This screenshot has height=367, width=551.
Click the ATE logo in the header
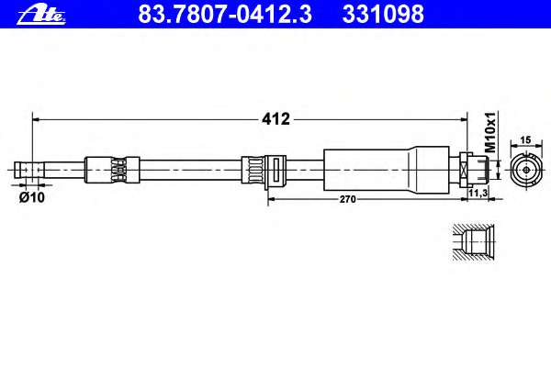[41, 15]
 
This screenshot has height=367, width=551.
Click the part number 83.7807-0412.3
[225, 14]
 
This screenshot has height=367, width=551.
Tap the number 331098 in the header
[383, 14]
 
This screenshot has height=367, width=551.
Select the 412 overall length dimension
[275, 119]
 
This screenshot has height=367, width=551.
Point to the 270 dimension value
[347, 199]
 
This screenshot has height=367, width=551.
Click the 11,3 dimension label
[478, 193]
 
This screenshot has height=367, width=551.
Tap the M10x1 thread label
[489, 132]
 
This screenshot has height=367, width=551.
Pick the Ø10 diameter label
[32, 198]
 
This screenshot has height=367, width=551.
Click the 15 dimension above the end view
[525, 140]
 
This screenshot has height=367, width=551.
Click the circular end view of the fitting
[526, 170]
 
